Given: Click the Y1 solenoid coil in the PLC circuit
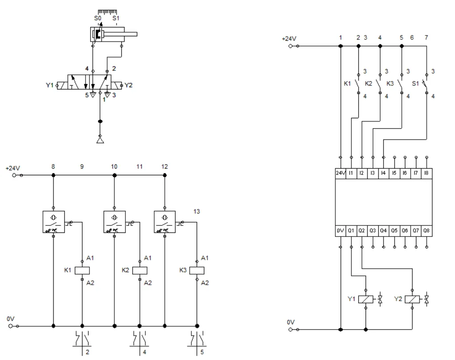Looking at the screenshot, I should pos(366,300).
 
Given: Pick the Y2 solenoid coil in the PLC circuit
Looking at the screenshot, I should pos(412,300).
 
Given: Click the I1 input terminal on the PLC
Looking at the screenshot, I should pos(351,173).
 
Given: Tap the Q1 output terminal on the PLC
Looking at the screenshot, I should pos(351,231).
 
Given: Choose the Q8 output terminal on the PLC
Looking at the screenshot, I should pos(427,231).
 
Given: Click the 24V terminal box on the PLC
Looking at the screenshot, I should pos(340,173).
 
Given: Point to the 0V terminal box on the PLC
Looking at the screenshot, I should pos(340,231).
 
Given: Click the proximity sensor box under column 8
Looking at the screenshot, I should pos(54,221).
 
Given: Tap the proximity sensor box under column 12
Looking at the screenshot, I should pos(164,221).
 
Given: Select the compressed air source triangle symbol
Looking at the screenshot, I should pos(100,140).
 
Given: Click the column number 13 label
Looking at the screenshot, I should pos(197,212).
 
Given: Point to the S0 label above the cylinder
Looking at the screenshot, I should pos(97,19).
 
